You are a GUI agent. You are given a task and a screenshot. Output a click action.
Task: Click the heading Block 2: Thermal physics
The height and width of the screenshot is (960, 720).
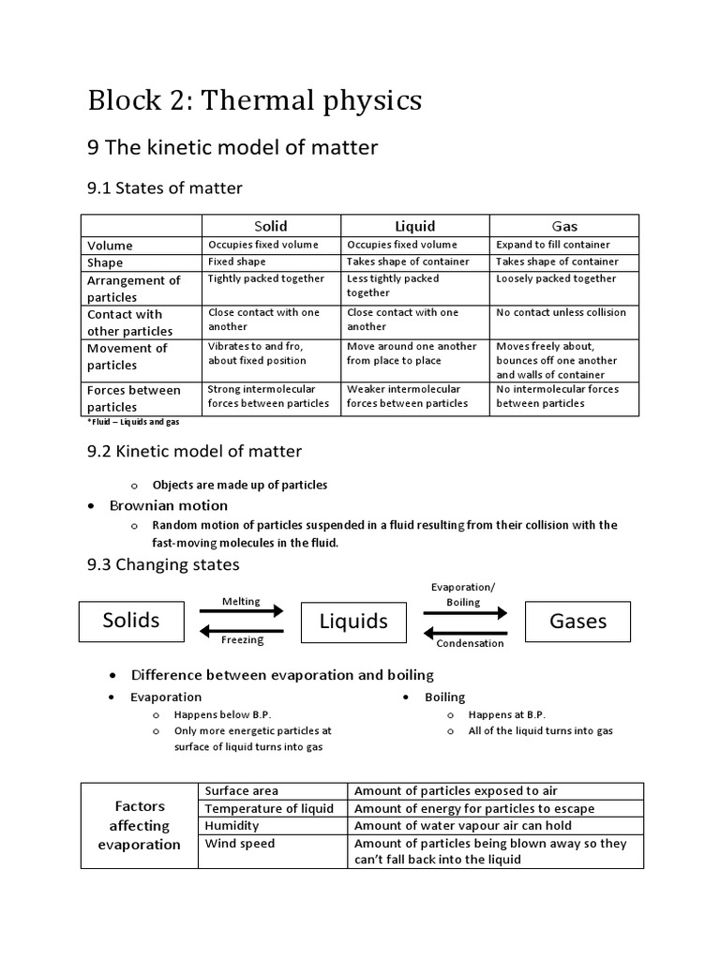[x=254, y=100]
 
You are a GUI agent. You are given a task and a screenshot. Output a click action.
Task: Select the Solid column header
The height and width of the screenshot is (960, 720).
[x=271, y=226]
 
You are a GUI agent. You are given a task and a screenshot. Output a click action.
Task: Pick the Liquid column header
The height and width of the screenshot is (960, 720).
[x=414, y=226]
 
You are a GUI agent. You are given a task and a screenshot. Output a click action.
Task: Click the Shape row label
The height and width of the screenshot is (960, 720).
[x=105, y=262]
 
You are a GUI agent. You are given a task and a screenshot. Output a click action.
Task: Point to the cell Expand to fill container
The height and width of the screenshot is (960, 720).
[x=553, y=245]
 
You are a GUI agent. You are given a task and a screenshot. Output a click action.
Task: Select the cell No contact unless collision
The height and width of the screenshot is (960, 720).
[x=560, y=312]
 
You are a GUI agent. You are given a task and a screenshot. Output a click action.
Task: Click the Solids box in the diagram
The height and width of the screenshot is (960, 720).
[x=131, y=620]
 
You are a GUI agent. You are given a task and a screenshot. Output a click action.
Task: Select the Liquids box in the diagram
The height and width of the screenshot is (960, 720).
[x=353, y=622]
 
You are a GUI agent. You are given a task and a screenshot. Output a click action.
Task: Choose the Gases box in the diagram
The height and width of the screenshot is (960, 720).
[x=577, y=621]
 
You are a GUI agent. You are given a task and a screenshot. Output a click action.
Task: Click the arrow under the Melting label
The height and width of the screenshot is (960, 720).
[x=241, y=611]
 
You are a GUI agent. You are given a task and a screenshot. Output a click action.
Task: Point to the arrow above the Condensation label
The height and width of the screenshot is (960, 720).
[x=465, y=631]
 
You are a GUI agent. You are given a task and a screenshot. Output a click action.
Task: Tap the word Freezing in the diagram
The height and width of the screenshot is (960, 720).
[x=242, y=640]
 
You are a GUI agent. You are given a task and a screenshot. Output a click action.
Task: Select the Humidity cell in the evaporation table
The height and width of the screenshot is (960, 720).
[x=232, y=826]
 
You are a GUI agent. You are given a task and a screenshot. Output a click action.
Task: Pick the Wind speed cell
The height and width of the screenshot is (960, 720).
[x=240, y=844]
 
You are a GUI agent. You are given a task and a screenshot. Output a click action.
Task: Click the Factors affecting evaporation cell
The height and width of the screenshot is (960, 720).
[x=140, y=825]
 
